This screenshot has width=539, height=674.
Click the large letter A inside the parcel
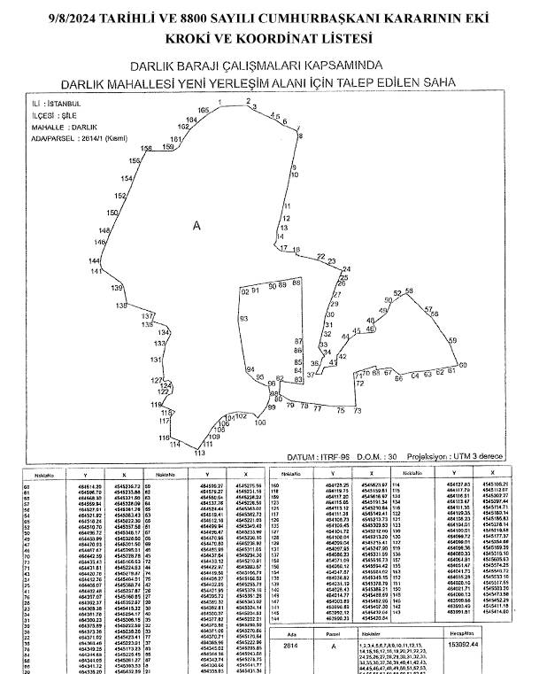(x=196, y=226)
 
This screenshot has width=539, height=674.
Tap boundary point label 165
(x=204, y=110)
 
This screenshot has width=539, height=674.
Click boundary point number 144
(x=95, y=261)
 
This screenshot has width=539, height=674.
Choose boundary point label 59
(x=452, y=340)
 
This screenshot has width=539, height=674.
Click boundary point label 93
(x=243, y=318)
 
